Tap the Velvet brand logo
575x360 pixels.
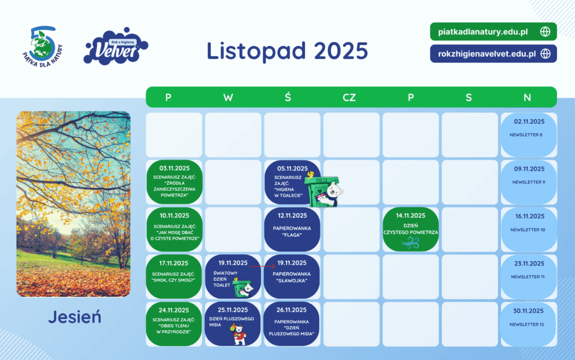[x=116, y=47]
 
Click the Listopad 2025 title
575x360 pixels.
[x=287, y=51]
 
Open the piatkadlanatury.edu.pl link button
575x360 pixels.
[x=493, y=31]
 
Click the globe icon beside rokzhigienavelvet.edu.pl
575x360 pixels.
[x=546, y=54]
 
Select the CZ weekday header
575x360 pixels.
[x=349, y=98]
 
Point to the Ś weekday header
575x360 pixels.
[x=288, y=97]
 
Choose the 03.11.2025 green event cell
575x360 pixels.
[x=174, y=182]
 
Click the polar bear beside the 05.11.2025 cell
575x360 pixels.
[x=333, y=193]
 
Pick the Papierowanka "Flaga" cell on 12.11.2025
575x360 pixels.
[x=292, y=230]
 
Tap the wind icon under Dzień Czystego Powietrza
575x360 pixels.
[x=410, y=243]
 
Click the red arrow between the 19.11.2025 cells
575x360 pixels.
[x=262, y=267]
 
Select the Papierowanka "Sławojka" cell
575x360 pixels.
[x=291, y=276]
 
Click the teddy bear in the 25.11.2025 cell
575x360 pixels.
[x=239, y=334]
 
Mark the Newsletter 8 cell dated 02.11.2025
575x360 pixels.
[x=529, y=135]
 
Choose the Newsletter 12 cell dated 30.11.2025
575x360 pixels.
[x=529, y=324]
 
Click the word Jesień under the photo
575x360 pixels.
[x=75, y=317]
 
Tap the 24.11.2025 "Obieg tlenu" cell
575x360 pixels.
[x=174, y=323]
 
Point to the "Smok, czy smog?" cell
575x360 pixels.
[x=174, y=276]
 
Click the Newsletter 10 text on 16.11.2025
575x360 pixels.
[x=528, y=230]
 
